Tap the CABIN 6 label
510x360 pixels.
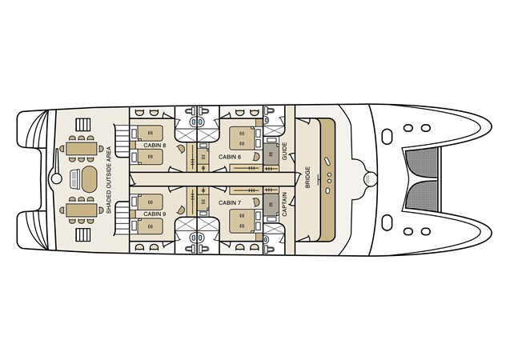tap(230, 156)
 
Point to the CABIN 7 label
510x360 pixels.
tap(230, 203)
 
